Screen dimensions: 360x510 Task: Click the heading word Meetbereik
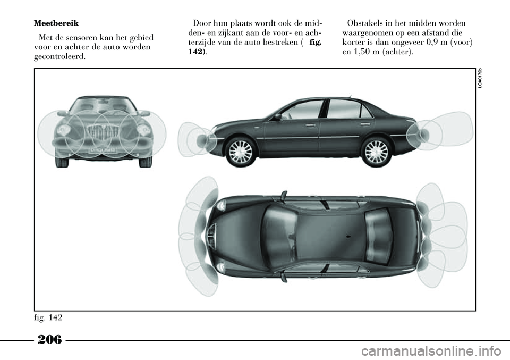(56, 23)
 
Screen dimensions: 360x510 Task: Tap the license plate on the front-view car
(103, 150)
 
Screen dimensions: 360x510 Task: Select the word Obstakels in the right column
(365, 23)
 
